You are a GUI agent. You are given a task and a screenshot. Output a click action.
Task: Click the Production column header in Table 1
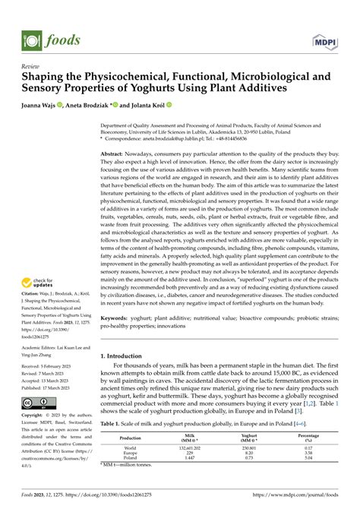(130, 459)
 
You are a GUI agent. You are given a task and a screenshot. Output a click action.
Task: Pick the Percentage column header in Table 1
(308, 459)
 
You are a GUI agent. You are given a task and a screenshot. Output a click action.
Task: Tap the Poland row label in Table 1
(130, 479)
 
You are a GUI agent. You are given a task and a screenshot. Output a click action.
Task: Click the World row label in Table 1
(130, 469)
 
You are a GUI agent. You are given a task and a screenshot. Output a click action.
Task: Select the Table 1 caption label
(112, 444)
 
